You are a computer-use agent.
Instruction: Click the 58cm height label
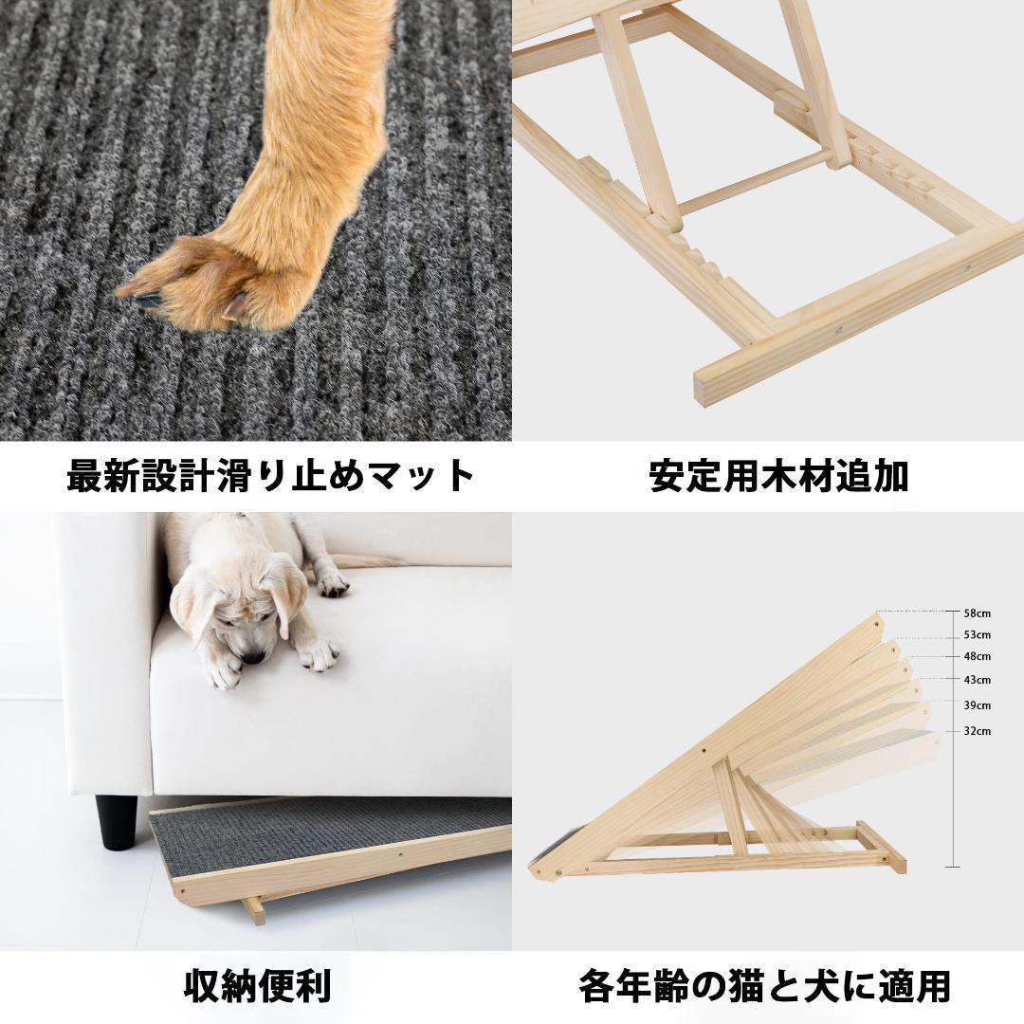pyautogui.click(x=977, y=613)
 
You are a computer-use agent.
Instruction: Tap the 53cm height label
pyautogui.click(x=977, y=635)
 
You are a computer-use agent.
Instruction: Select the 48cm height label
pyautogui.click(x=977, y=656)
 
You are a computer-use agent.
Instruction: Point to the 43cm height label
pyautogui.click(x=977, y=680)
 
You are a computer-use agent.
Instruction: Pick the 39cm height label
pyautogui.click(x=977, y=705)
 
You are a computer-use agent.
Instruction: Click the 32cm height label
pyautogui.click(x=977, y=731)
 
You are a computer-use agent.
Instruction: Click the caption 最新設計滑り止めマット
pyautogui.click(x=270, y=475)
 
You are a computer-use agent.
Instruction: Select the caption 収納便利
pyautogui.click(x=257, y=986)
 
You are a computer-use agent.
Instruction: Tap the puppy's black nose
pyautogui.click(x=251, y=656)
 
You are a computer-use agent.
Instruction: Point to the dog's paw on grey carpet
pyautogui.click(x=204, y=284)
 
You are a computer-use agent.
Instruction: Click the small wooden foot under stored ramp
pyautogui.click(x=253, y=910)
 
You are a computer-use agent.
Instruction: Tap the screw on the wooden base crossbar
pyautogui.click(x=837, y=330)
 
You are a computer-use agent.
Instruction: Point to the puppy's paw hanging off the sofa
pyautogui.click(x=318, y=653)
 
